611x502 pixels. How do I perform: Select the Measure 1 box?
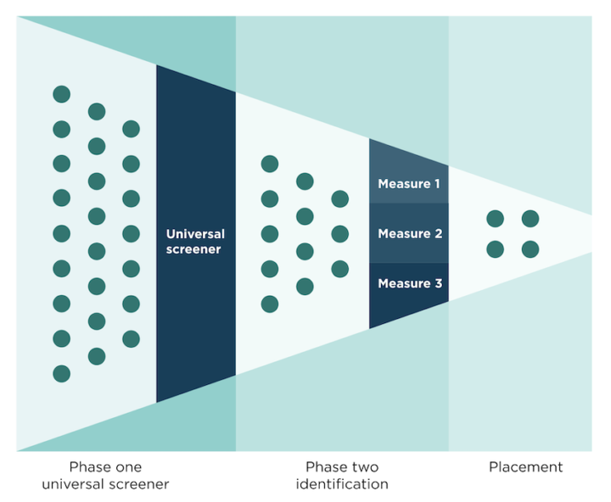coord(409,183)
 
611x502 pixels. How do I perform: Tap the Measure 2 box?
coord(409,233)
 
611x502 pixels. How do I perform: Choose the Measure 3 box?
coord(409,284)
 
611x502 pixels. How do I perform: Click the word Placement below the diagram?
coord(525,466)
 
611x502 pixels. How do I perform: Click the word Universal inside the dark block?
coord(195,233)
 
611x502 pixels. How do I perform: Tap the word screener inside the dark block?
coord(195,249)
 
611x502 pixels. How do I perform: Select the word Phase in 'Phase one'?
coord(87,466)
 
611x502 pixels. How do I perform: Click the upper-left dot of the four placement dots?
coord(495,219)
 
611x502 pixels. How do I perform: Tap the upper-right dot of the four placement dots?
coord(530,219)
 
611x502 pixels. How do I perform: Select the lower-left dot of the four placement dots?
coord(495,249)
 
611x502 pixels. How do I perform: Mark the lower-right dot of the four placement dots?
coord(530,249)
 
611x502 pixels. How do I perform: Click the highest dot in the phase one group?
coord(61,94)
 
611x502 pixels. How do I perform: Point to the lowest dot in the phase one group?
coord(61,373)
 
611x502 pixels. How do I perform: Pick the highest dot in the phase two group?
coord(270,164)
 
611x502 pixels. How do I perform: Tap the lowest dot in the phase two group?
coord(270,304)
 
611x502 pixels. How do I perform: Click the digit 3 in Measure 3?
coord(438,284)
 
